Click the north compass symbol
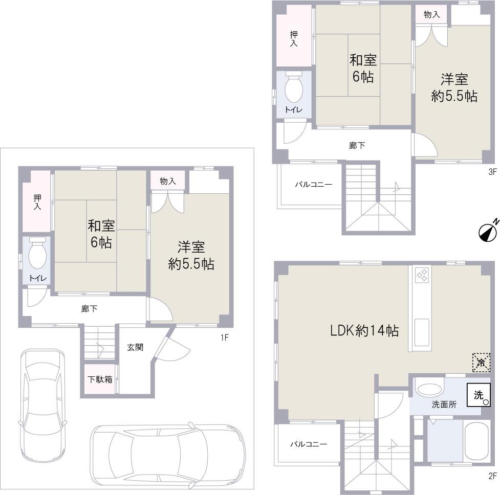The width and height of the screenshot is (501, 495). [x=488, y=232]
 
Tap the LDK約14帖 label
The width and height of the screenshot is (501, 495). [x=364, y=331]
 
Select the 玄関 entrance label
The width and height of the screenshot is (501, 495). [x=135, y=347]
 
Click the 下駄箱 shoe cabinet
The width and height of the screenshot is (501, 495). [x=99, y=379]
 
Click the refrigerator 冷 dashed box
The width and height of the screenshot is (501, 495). [x=481, y=363]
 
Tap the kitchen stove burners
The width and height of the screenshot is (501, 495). [x=422, y=275]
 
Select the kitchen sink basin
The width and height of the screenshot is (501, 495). [x=422, y=332]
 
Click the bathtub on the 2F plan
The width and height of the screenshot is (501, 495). [x=476, y=441]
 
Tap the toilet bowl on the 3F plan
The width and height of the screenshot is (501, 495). [x=294, y=90]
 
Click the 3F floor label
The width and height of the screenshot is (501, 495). [x=492, y=172]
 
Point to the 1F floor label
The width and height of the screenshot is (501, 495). [x=224, y=337]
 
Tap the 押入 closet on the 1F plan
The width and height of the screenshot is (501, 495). [x=37, y=202]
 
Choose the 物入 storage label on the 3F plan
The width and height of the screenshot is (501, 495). [x=431, y=15]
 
